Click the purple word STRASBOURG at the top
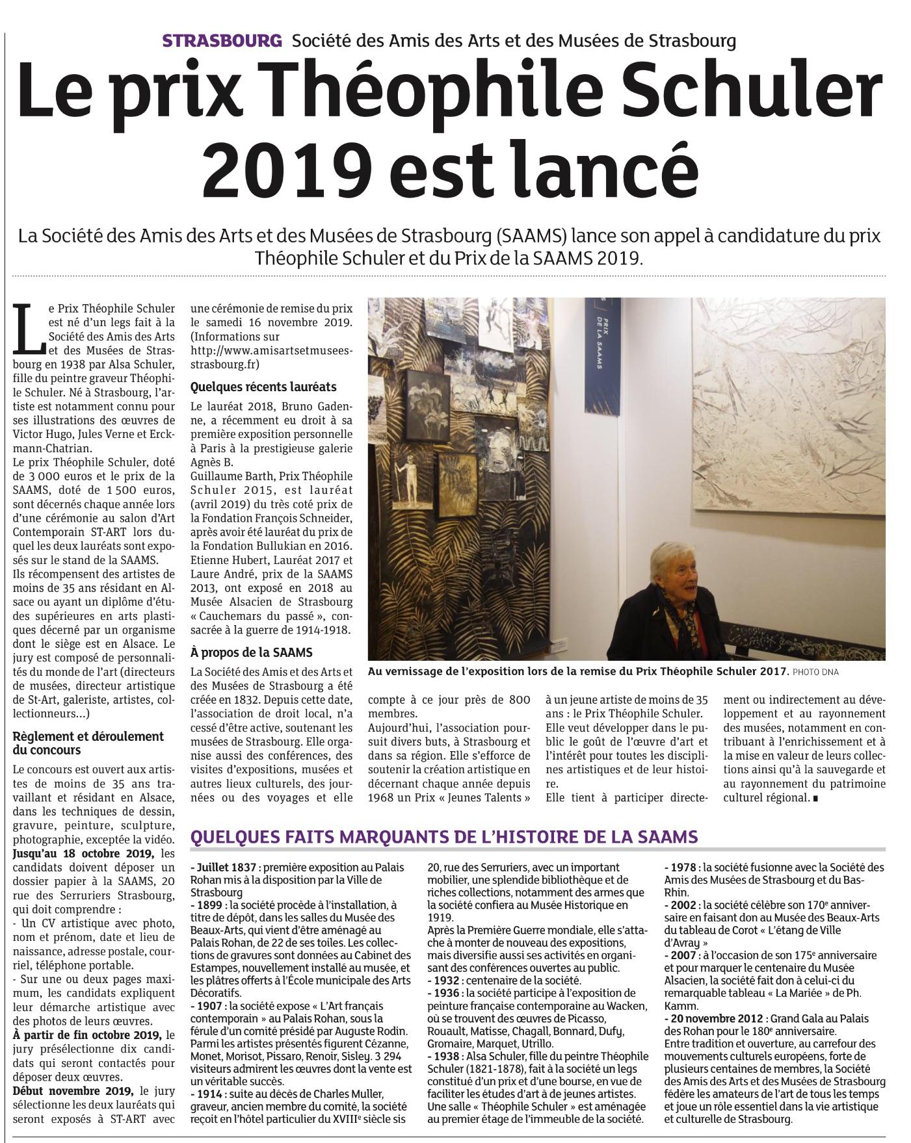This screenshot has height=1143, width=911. (x=222, y=41)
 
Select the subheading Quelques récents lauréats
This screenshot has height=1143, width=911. (x=263, y=387)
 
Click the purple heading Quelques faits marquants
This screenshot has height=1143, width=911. (x=443, y=837)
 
